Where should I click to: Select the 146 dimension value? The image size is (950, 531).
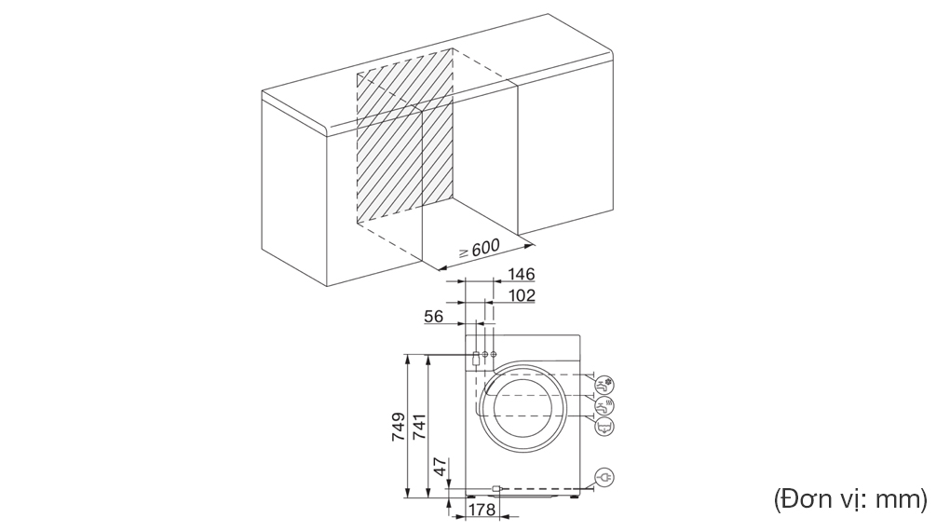coord(521,275)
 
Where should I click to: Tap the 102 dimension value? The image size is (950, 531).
coord(521,296)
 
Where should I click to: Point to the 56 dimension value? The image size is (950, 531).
coord(434,317)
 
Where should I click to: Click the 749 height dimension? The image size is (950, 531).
coord(398,427)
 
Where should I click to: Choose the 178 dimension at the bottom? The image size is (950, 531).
coord(481,511)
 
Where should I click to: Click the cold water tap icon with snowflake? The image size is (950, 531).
coord(605,383)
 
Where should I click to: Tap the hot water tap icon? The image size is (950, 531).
coord(605,404)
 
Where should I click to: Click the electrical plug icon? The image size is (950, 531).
coord(605,477)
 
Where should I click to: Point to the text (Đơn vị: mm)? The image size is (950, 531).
coord(850,499)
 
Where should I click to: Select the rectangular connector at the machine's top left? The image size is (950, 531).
coord(475,356)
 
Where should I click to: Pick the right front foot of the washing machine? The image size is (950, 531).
coord(573,497)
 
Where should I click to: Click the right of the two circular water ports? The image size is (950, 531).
coord(493,355)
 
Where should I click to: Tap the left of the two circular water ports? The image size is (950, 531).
coord(484,355)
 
